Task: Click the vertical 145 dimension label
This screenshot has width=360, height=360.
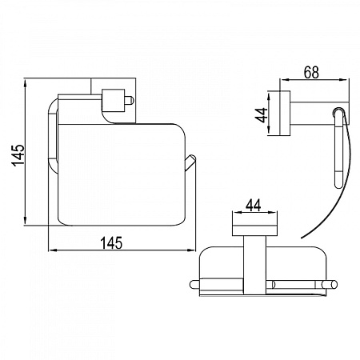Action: [18, 155]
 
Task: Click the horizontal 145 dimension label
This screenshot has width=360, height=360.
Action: [111, 242]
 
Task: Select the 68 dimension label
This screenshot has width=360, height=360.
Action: [311, 72]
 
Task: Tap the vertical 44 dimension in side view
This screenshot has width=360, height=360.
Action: [262, 115]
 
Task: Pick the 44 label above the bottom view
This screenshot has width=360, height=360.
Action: [254, 206]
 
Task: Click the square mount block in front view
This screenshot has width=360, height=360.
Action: [113, 100]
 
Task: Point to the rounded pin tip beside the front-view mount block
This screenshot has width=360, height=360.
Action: [130, 100]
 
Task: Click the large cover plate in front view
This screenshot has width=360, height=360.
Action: [122, 174]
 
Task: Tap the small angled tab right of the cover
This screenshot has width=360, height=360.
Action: [190, 162]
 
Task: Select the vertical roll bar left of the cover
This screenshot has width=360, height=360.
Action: [53, 137]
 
